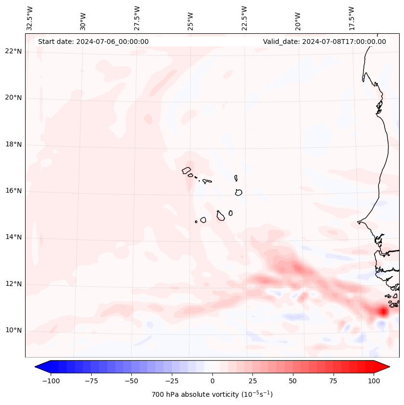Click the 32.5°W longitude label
click(30, 18)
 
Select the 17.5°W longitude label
click(351, 18)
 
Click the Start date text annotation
click(93, 42)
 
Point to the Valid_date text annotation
click(324, 42)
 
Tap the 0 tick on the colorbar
click(212, 381)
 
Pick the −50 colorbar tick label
click(132, 381)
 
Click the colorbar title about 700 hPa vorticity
click(212, 395)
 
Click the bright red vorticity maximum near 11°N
click(383, 311)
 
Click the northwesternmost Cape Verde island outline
click(186, 170)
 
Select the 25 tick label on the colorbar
click(252, 381)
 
